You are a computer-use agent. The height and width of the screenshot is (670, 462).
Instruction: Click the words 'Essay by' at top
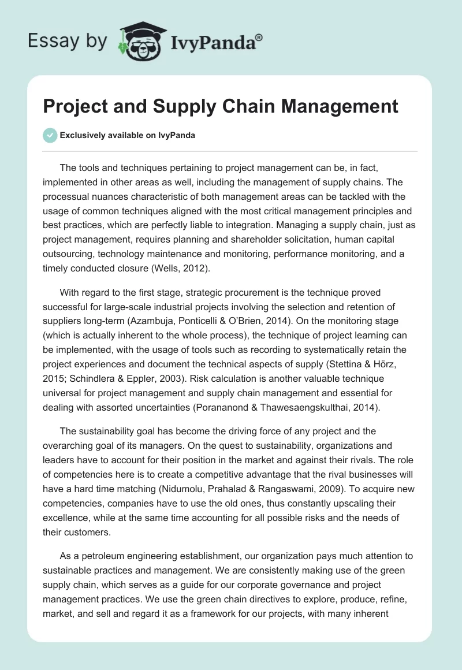(x=68, y=41)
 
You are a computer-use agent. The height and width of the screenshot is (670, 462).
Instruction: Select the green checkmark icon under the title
(x=50, y=135)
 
